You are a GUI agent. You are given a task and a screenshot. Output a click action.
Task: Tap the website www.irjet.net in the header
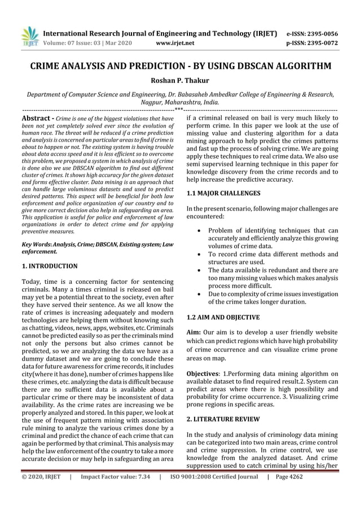pyautogui.click(x=175, y=43)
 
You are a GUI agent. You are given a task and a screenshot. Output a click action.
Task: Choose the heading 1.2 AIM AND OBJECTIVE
pyautogui.click(x=223, y=317)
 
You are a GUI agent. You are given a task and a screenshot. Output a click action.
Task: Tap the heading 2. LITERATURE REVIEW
pyautogui.click(x=223, y=419)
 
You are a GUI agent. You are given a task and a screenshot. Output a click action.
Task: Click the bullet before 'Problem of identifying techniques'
pyautogui.click(x=195, y=230)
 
